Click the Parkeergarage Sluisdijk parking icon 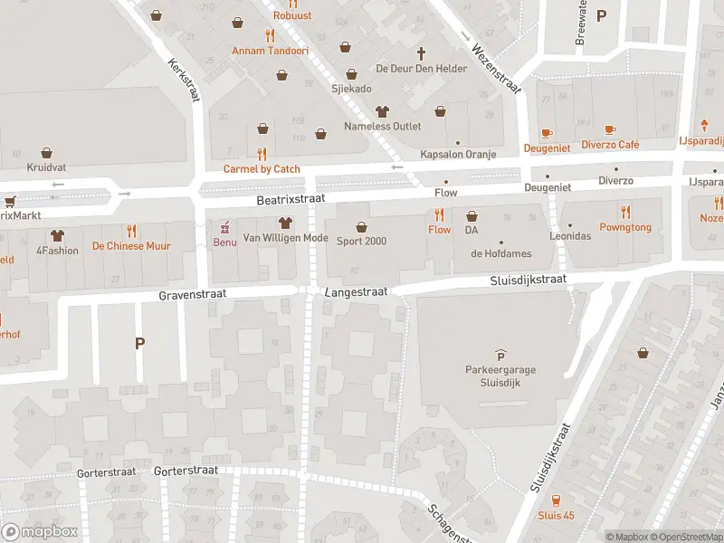coord(500,356)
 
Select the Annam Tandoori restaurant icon coord(270,35)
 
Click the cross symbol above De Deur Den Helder coord(421,53)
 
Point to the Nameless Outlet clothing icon coord(381,111)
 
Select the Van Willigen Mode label coord(284,238)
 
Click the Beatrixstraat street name coord(290,197)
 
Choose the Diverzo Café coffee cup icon coord(610,130)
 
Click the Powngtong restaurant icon coord(625,212)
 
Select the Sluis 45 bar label coord(556,515)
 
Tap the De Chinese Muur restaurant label coord(131,246)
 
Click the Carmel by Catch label coord(262,168)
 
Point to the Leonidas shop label coord(570,235)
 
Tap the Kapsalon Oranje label coord(458,155)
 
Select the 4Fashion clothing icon coord(58,234)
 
